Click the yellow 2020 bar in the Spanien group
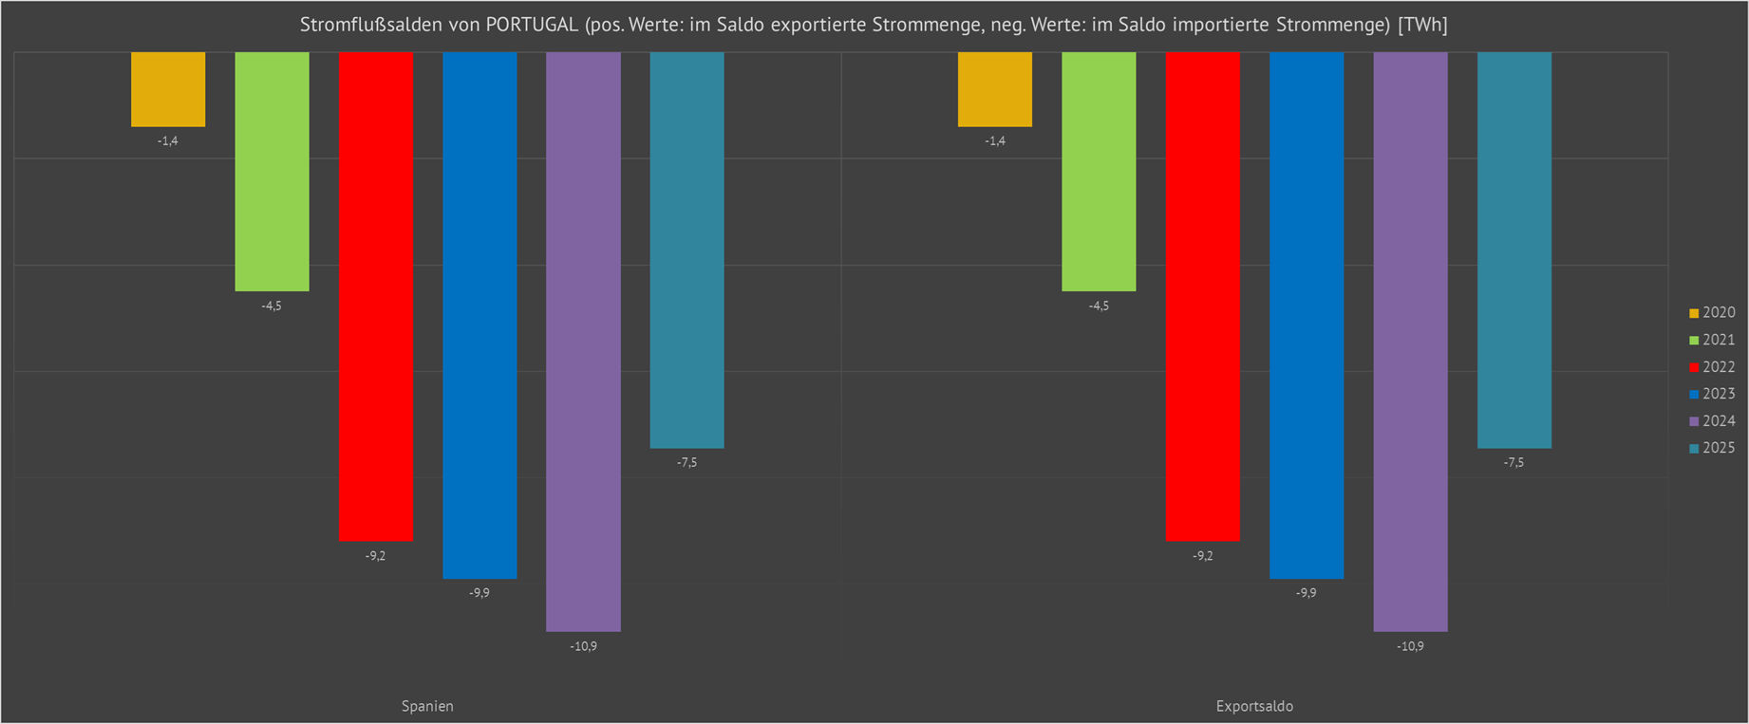pyautogui.click(x=168, y=89)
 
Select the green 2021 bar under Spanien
pyautogui.click(x=272, y=171)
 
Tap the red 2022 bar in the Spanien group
pyautogui.click(x=376, y=296)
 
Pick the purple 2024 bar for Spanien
pyautogui.click(x=583, y=342)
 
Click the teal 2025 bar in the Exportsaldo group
pyautogui.click(x=1514, y=250)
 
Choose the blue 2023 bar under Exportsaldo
pyautogui.click(x=1307, y=315)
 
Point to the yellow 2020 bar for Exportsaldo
pyautogui.click(x=994, y=89)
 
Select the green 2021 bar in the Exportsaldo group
pyautogui.click(x=1099, y=171)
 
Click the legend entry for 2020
pyautogui.click(x=1712, y=313)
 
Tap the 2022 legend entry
pyautogui.click(x=1712, y=367)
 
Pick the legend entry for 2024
pyautogui.click(x=1712, y=421)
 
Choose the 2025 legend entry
pyautogui.click(x=1712, y=448)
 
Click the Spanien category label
pyautogui.click(x=427, y=706)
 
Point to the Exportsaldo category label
pyautogui.click(x=1254, y=706)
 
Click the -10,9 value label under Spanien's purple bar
pyautogui.click(x=583, y=646)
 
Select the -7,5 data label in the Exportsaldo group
pyautogui.click(x=1514, y=463)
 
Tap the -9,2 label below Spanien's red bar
pyautogui.click(x=376, y=556)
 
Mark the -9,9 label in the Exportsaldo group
pyautogui.click(x=1307, y=593)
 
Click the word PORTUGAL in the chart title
pyautogui.click(x=532, y=25)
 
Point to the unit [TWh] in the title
pyautogui.click(x=1422, y=25)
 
